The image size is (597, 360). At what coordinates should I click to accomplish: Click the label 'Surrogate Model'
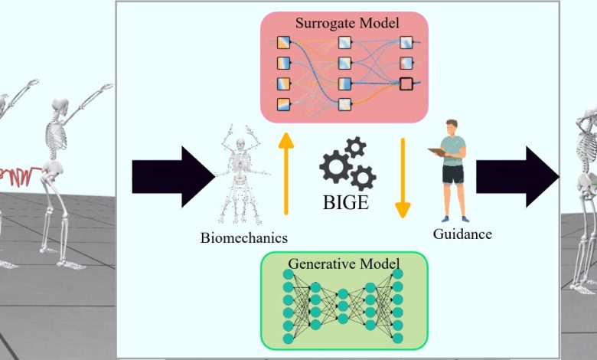pyautogui.click(x=347, y=23)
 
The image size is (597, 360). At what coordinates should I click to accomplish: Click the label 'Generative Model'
pyautogui.click(x=345, y=264)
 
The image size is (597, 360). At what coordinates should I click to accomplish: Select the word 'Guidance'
pyautogui.click(x=462, y=234)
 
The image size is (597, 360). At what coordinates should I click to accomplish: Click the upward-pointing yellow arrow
pyautogui.click(x=285, y=172)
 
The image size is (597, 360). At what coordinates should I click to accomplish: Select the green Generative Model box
pyautogui.click(x=344, y=302)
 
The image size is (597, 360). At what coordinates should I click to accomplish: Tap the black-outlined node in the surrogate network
pyautogui.click(x=406, y=83)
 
